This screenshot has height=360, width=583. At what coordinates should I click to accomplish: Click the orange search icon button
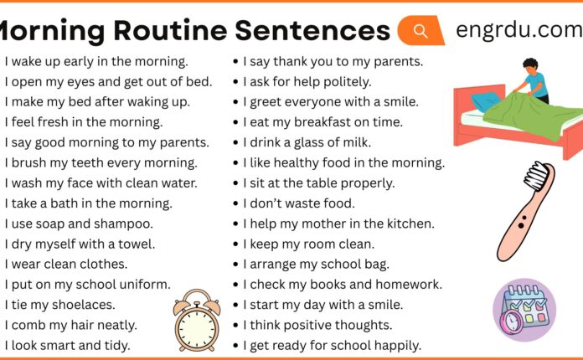click(x=421, y=31)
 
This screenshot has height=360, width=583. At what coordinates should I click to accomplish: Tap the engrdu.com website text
click(x=518, y=30)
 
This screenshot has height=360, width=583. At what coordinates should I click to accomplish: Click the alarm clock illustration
click(x=197, y=316)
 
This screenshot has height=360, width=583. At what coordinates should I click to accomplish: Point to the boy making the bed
click(x=530, y=80)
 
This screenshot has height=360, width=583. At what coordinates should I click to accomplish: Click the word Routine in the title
click(x=159, y=31)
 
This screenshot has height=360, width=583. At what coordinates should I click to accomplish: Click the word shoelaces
click(x=86, y=305)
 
